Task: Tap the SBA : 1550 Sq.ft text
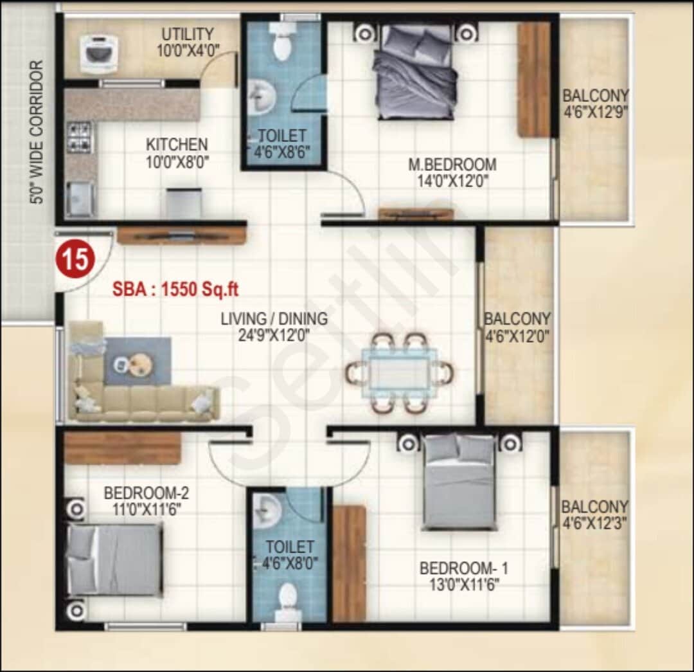175,289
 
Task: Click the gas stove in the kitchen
80,136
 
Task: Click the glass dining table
399,372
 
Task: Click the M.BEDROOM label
452,165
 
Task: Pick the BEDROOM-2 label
147,493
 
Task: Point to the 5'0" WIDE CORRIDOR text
37,132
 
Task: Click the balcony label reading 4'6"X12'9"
595,111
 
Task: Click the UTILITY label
187,33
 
